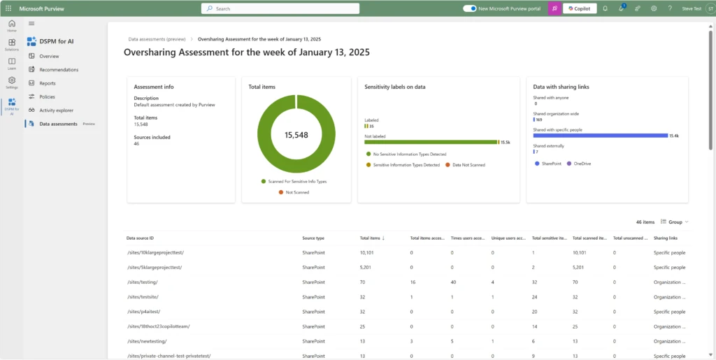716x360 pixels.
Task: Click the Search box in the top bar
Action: pyautogui.click(x=280, y=8)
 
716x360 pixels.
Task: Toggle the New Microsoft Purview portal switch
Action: pyautogui.click(x=470, y=8)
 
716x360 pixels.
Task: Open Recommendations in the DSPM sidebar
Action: pyautogui.click(x=59, y=70)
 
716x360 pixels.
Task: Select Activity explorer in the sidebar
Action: pyautogui.click(x=56, y=110)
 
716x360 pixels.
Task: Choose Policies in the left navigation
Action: pyautogui.click(x=47, y=96)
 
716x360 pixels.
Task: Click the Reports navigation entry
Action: pyautogui.click(x=48, y=83)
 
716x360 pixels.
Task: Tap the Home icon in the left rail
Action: pyautogui.click(x=12, y=27)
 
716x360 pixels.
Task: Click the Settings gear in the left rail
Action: pyautogui.click(x=12, y=83)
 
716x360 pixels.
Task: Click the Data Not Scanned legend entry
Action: pyautogui.click(x=465, y=165)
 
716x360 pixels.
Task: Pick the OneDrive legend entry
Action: pyautogui.click(x=580, y=164)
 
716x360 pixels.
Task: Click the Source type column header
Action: pyautogui.click(x=313, y=238)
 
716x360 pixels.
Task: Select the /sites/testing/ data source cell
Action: pyautogui.click(x=142, y=282)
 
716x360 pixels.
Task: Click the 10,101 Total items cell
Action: pyautogui.click(x=368, y=252)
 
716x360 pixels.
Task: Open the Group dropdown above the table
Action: pyautogui.click(x=674, y=222)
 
